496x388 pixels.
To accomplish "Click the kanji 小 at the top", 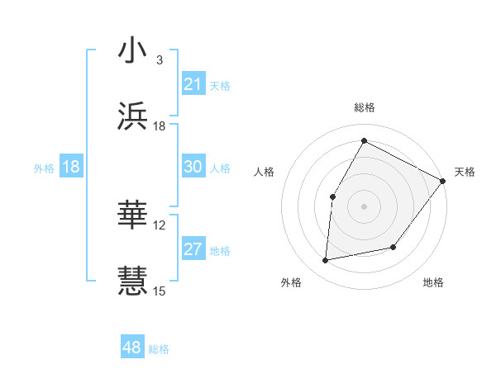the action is (x=132, y=50).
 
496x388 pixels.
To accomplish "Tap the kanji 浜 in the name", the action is (x=132, y=116).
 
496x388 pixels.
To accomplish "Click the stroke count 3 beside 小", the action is (x=159, y=60).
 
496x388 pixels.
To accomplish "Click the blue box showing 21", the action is (x=193, y=84).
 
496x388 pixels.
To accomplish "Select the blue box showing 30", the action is (x=193, y=167).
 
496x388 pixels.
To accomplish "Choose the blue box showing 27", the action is (x=193, y=249).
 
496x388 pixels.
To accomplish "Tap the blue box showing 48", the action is (x=132, y=348).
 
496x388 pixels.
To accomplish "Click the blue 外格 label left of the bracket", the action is (x=44, y=168).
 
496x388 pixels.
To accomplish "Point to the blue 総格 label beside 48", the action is (x=159, y=349).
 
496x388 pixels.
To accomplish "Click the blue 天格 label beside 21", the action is (x=220, y=85).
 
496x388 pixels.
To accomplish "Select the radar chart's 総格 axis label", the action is (x=364, y=107).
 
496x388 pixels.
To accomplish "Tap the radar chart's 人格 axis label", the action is (x=265, y=172).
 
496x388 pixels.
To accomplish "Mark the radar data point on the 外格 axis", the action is (x=326, y=261).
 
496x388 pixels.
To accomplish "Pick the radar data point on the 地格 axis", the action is (x=393, y=247).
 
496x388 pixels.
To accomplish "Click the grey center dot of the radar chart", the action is (x=364, y=206).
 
